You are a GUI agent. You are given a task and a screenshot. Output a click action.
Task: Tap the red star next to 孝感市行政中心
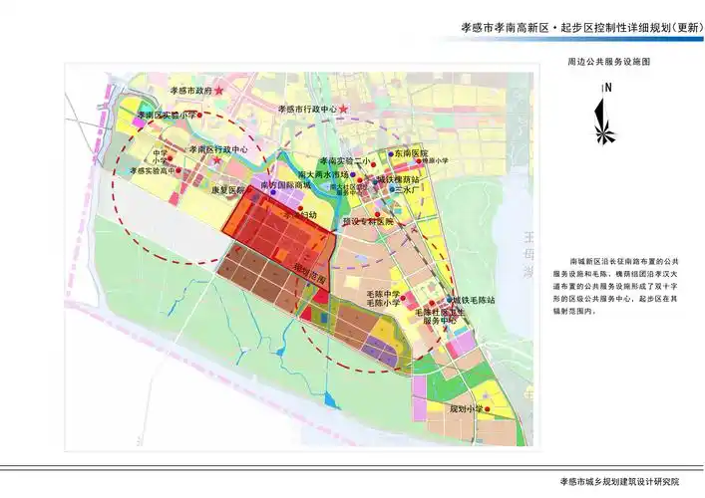click(x=344, y=108)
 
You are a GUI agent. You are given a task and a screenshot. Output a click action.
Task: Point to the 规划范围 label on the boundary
click(x=310, y=272)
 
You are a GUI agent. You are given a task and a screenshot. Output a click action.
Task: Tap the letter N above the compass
click(x=606, y=87)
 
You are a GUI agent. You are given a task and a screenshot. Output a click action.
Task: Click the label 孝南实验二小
click(x=344, y=160)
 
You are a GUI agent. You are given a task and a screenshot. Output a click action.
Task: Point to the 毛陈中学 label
click(x=382, y=294)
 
